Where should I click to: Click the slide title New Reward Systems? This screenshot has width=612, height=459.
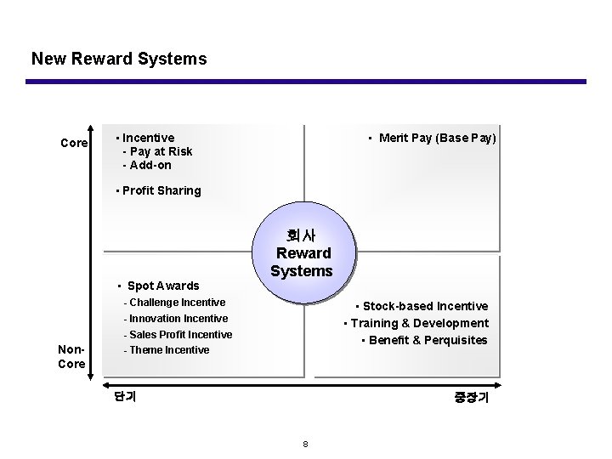click(x=118, y=59)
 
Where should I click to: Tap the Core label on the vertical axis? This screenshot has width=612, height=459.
click(x=75, y=143)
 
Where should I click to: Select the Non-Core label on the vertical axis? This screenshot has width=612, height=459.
click(x=71, y=356)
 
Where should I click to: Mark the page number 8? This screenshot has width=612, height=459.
click(x=305, y=444)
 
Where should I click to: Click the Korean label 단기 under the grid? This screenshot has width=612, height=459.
click(x=125, y=396)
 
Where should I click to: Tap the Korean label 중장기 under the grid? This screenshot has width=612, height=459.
click(x=472, y=398)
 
